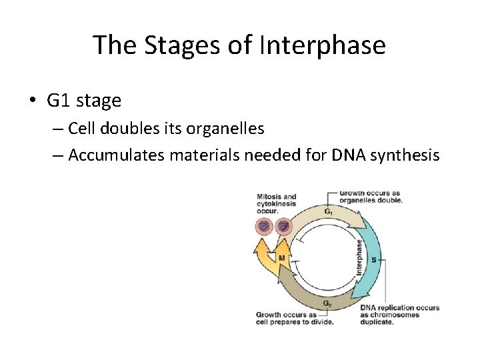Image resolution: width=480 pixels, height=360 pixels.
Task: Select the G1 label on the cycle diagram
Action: coord(329,212)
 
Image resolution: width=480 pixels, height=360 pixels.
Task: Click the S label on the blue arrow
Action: coord(373,259)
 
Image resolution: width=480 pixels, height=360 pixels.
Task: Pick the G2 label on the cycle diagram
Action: coord(327,303)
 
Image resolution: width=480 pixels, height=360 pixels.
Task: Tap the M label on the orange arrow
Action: coord(282,257)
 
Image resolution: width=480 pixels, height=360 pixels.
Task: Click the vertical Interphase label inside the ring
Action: coord(359,257)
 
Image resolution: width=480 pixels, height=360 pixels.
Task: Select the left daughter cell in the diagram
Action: coord(264,227)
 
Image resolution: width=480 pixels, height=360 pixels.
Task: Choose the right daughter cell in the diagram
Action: coord(284,227)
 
